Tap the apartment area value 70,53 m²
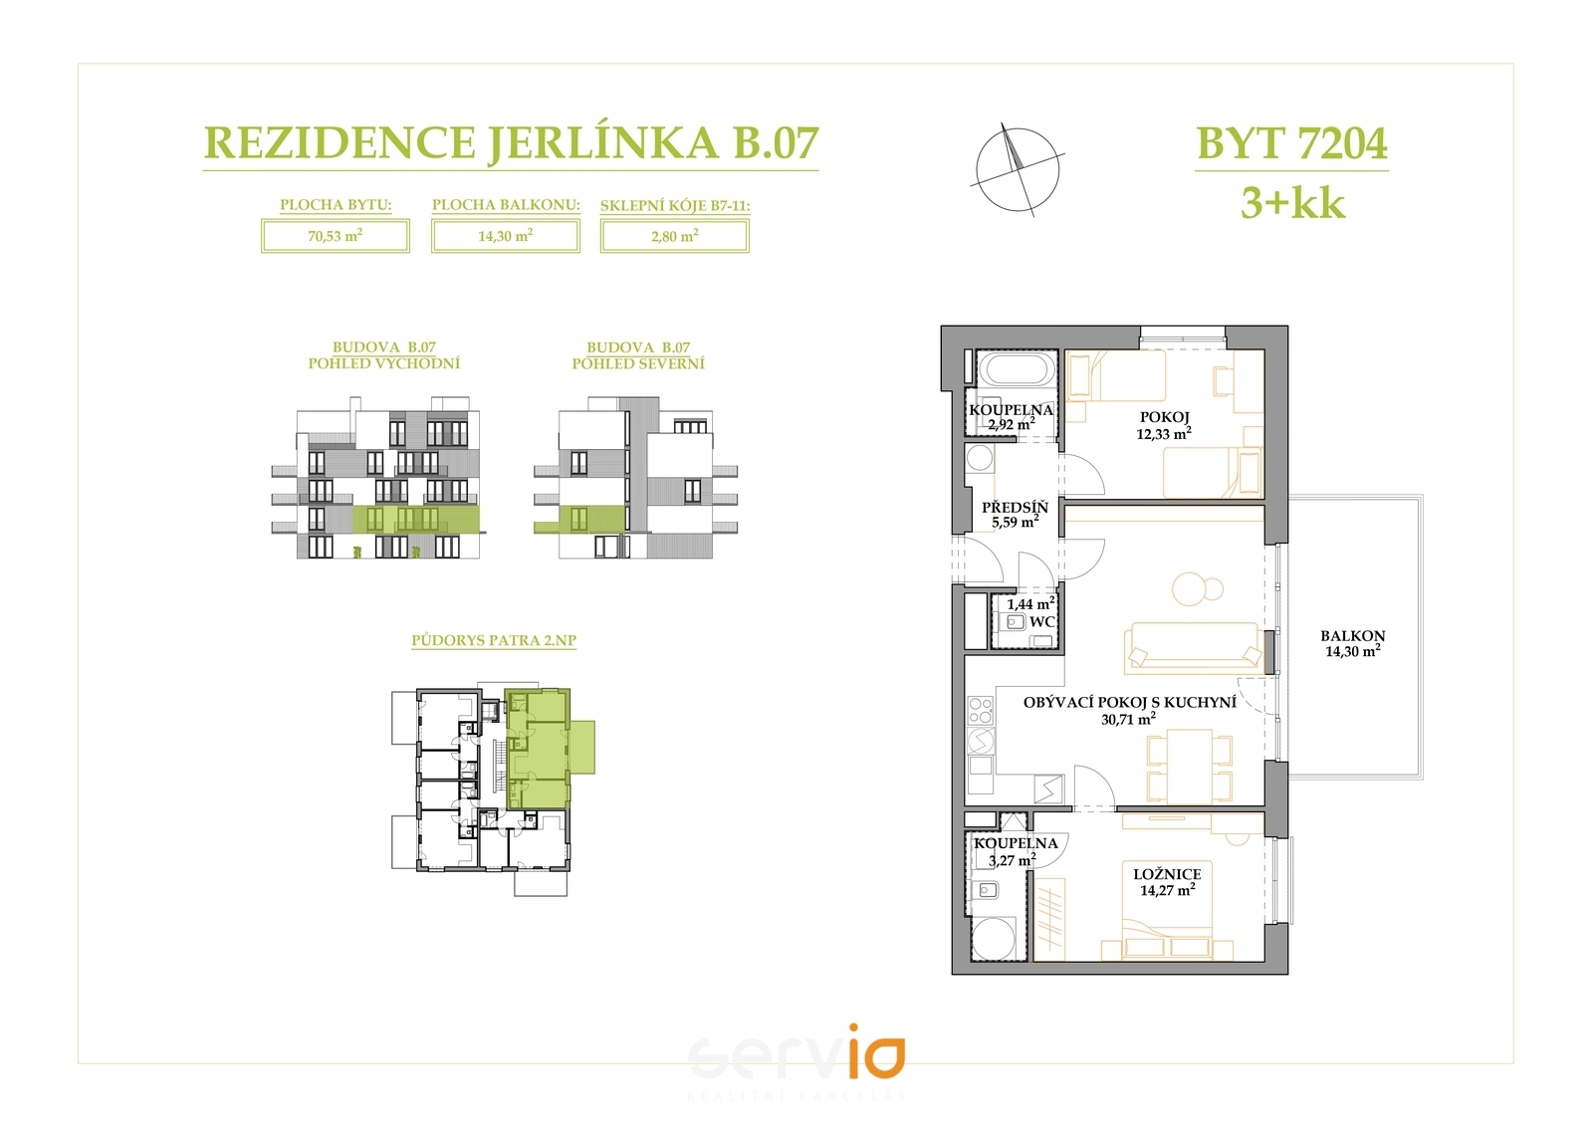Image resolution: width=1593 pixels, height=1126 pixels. [x=335, y=235]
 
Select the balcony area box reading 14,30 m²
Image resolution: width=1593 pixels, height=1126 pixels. [x=506, y=235]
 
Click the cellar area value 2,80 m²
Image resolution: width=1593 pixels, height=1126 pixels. [x=674, y=235]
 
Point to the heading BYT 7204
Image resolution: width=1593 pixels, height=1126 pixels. [x=1292, y=143]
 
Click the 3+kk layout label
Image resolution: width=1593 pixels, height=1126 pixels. [x=1293, y=203]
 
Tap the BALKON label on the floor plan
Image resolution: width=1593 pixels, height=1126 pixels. [x=1353, y=636]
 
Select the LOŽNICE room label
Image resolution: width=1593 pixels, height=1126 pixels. [x=1167, y=874]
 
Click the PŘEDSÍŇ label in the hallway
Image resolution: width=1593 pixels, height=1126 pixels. [x=1015, y=507]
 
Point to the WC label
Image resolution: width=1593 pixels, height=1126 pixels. [x=1041, y=621]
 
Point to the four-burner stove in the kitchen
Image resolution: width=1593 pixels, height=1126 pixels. [x=980, y=710]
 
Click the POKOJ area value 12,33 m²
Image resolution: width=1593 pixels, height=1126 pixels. [x=1164, y=432]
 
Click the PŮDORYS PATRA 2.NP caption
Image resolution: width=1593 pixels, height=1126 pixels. [x=494, y=639]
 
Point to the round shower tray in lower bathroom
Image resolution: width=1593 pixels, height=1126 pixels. [x=994, y=939]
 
